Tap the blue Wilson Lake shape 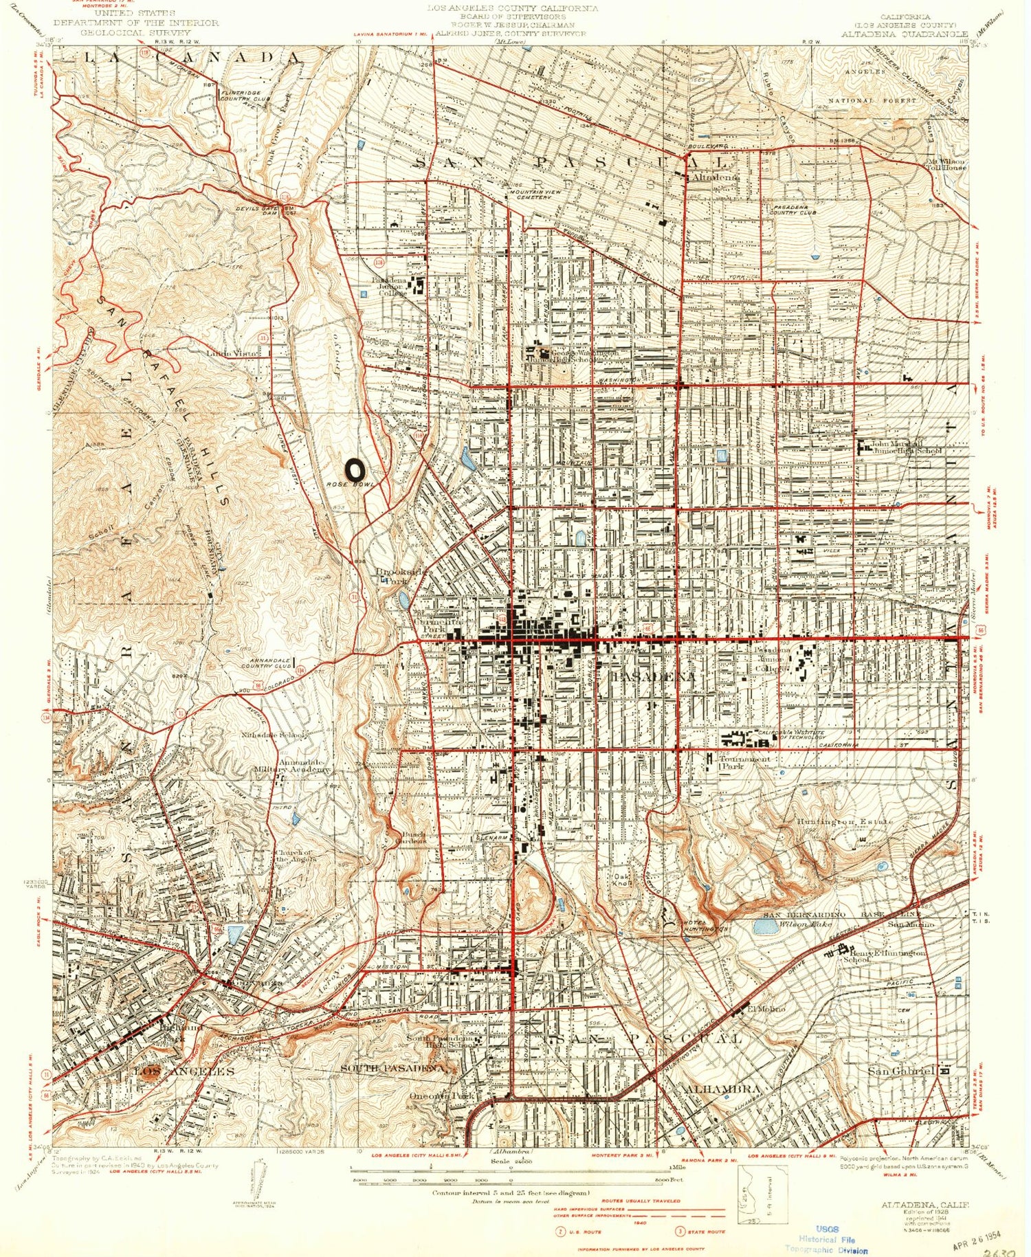pos(765,926)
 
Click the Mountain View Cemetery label pos(529,194)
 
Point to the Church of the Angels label pos(295,856)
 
